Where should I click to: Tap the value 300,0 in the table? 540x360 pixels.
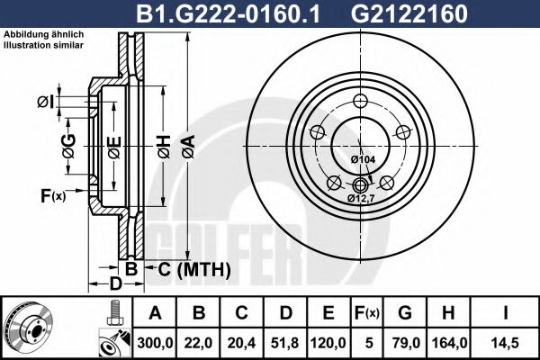click(156, 342)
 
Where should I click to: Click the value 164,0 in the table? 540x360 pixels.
click(450, 342)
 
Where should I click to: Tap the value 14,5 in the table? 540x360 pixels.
click(507, 342)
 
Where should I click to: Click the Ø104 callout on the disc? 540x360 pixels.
click(363, 159)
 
